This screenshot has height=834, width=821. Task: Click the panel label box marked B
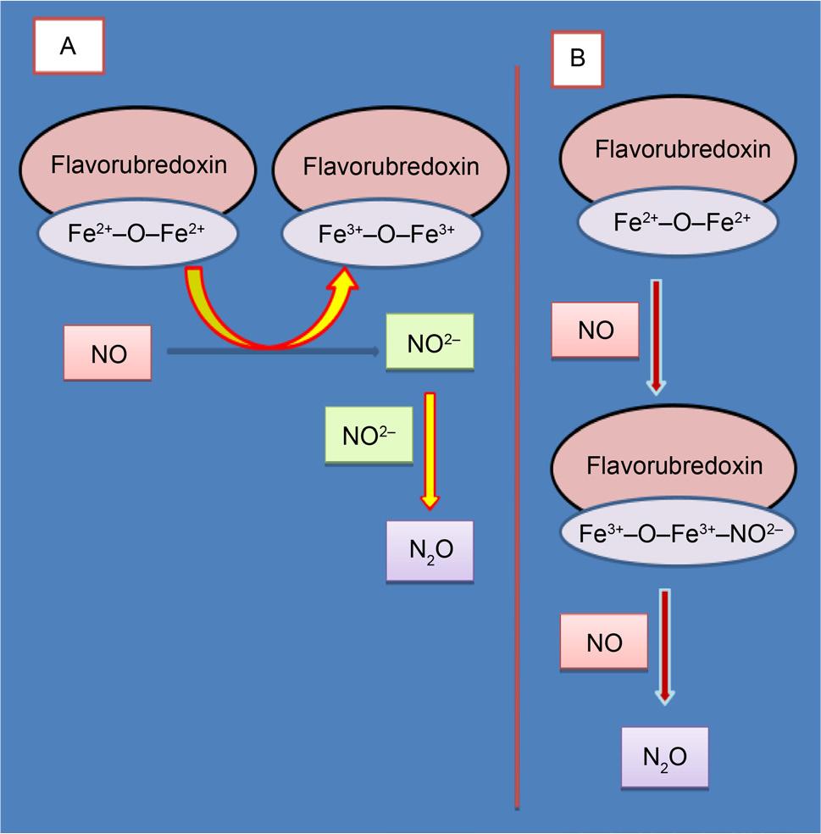coord(578,59)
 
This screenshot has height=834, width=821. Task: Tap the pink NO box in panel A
coord(108,353)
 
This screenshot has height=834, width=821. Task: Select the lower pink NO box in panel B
coord(604,642)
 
